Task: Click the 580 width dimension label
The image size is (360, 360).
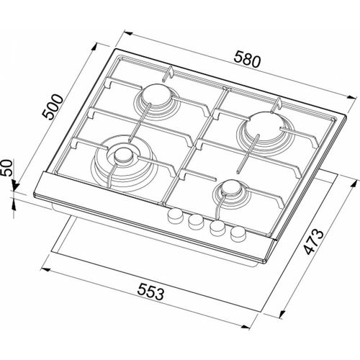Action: click(x=246, y=62)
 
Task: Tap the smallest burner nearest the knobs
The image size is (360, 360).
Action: click(x=232, y=189)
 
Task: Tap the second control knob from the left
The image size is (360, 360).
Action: click(x=194, y=222)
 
